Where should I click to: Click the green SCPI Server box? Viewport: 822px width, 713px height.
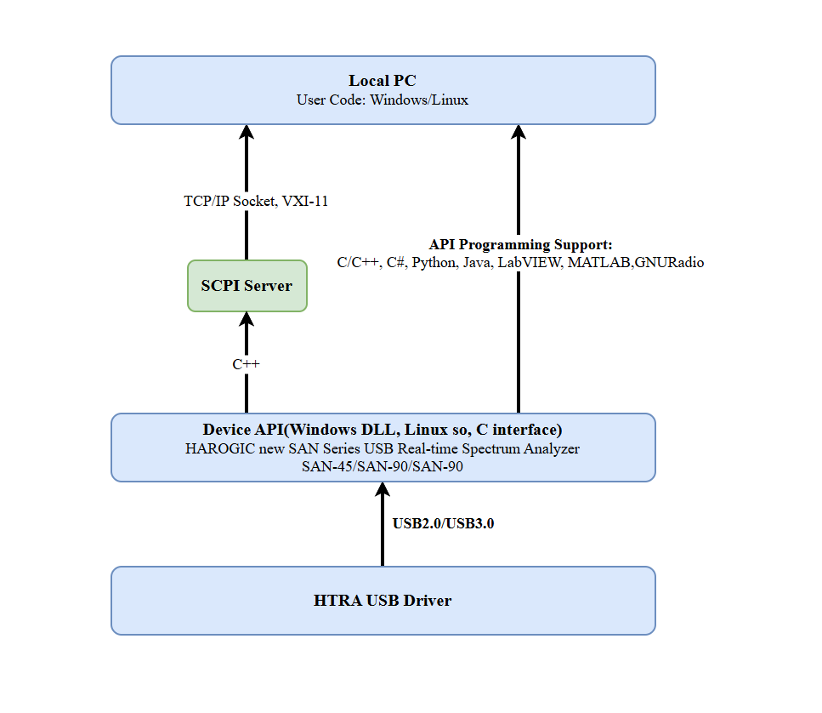click(247, 286)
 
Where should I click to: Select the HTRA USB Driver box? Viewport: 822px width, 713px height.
click(383, 601)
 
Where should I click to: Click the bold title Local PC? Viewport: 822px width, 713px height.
click(383, 81)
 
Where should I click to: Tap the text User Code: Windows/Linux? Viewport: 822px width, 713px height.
click(383, 100)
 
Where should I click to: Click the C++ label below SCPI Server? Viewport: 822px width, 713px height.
click(247, 364)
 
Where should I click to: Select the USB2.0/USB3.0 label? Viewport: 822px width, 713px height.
click(443, 523)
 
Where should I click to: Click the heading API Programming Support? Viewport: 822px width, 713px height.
click(520, 245)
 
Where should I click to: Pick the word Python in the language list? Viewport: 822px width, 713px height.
click(434, 263)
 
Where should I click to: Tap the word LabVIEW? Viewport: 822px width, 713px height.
click(529, 263)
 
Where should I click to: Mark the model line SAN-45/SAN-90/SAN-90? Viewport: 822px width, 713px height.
click(383, 465)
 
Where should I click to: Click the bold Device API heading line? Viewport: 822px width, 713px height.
click(383, 430)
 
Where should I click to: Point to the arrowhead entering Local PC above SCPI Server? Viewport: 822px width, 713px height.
click(247, 132)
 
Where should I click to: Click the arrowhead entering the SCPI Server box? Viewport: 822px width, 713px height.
click(247, 319)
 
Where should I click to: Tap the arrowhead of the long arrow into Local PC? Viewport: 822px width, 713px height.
click(519, 132)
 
